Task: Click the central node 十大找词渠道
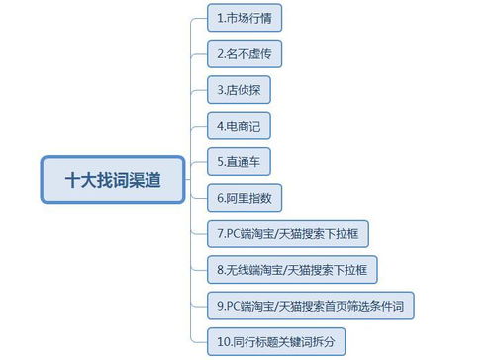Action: click(x=112, y=180)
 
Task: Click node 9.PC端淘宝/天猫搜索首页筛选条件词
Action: click(x=311, y=306)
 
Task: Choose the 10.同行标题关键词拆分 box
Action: click(x=276, y=341)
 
